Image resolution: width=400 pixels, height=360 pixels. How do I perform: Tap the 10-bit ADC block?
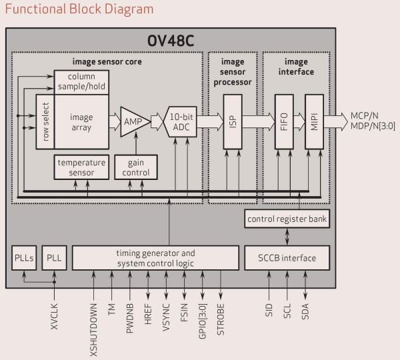point(179,122)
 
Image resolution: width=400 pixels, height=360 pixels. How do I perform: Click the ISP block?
point(231,121)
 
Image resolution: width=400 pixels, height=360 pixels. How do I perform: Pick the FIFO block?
point(285,121)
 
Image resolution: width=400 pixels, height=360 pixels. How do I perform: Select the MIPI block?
point(313,121)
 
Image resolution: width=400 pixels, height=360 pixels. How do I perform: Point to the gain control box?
point(135,167)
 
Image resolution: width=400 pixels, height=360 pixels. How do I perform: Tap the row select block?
point(45,122)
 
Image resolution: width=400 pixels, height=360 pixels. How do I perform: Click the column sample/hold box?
point(81,81)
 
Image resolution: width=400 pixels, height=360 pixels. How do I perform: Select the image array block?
point(81,122)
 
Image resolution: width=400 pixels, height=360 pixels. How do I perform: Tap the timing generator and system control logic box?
point(155,258)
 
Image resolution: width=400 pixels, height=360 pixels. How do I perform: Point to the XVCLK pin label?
point(55,321)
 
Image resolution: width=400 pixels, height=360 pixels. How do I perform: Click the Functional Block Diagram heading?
point(79,9)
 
